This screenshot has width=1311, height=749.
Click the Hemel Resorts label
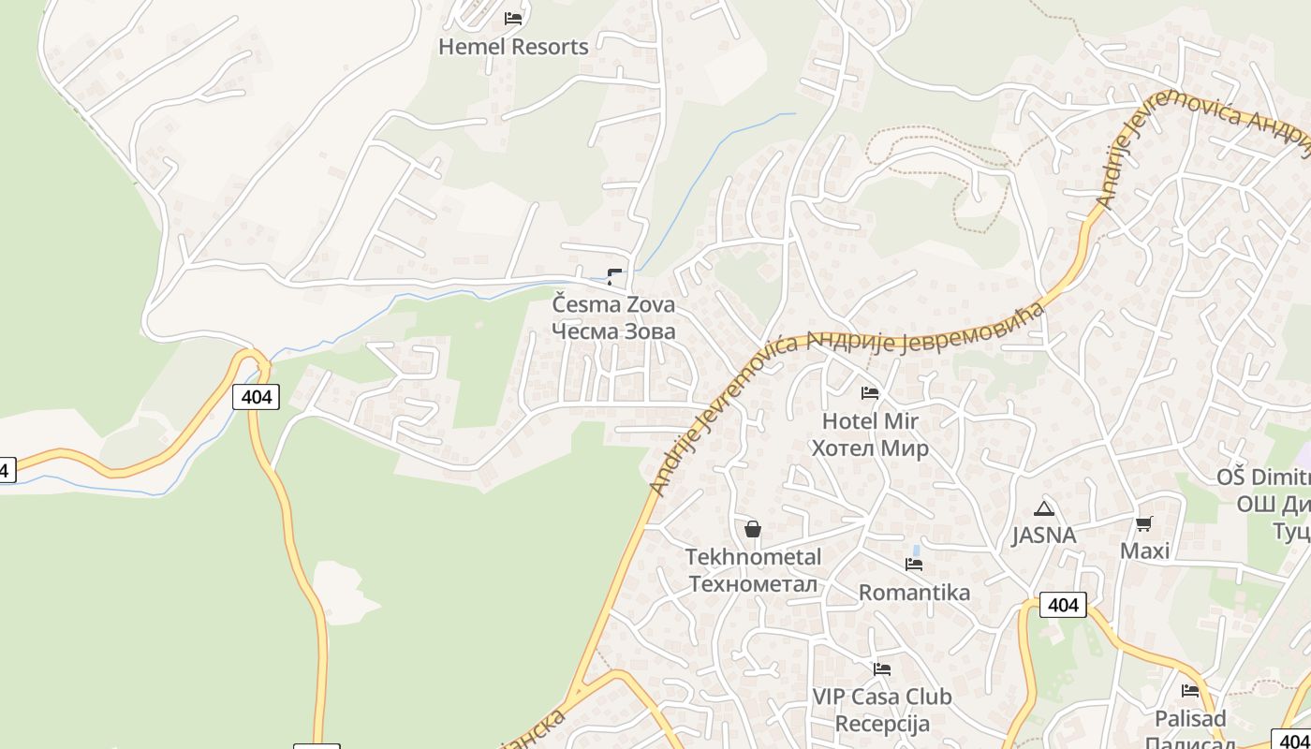tap(513, 47)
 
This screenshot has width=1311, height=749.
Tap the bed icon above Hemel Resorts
tap(513, 18)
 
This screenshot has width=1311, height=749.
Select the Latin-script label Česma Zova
tap(613, 305)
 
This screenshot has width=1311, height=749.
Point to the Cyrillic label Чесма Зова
tap(613, 331)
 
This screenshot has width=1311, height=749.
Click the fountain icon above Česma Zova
tap(614, 276)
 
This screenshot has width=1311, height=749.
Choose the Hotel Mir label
tap(870, 421)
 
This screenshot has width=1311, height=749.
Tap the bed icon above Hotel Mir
tap(870, 392)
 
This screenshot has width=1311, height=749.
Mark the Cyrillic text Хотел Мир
tap(870, 448)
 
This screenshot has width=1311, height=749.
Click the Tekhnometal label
tap(753, 557)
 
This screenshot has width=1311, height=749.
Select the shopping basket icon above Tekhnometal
tap(752, 529)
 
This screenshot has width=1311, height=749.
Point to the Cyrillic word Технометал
tap(753, 584)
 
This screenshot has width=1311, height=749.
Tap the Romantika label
tap(914, 593)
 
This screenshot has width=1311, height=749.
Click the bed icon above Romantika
tap(914, 564)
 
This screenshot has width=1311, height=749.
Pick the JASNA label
tap(1043, 536)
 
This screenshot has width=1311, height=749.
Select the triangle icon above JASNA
tap(1043, 508)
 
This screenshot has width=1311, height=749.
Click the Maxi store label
tap(1144, 551)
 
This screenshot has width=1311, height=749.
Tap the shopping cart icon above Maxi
tap(1143, 523)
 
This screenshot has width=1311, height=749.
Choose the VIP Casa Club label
tap(881, 697)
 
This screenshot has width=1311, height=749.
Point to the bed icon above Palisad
tap(1190, 691)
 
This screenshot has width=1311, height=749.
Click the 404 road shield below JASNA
tap(1063, 605)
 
